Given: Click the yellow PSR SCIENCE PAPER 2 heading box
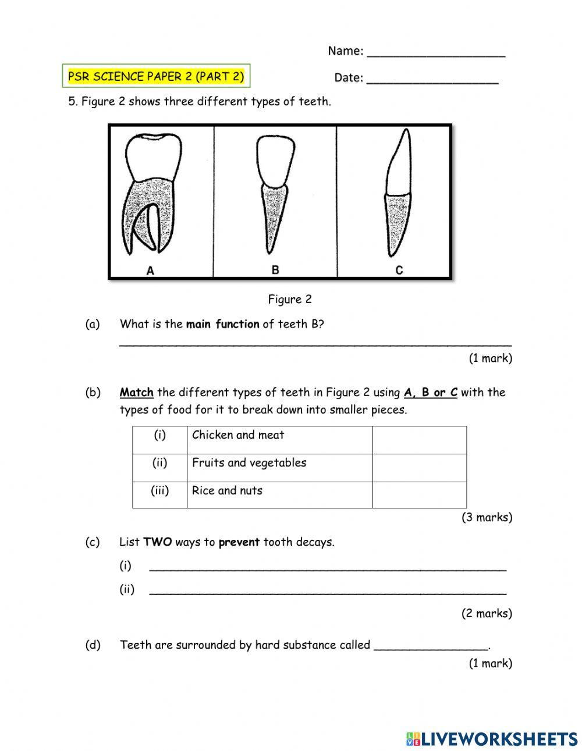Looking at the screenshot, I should click(156, 76).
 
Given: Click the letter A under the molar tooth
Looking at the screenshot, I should click(150, 270).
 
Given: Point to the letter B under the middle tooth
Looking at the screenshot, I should click(275, 270).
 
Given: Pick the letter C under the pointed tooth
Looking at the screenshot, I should click(399, 270).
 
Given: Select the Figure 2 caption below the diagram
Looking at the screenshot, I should click(290, 300).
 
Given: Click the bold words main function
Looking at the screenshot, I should click(222, 324).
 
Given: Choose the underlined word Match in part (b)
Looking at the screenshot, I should click(136, 393).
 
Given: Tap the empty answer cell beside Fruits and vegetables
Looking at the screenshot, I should click(419, 468).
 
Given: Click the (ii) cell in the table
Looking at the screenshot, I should click(159, 463).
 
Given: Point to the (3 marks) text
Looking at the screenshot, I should click(487, 517).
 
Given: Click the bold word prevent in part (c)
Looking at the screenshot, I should click(239, 542).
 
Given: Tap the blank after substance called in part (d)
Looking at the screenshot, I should click(431, 645).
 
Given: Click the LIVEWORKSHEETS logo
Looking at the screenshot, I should click(492, 739).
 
